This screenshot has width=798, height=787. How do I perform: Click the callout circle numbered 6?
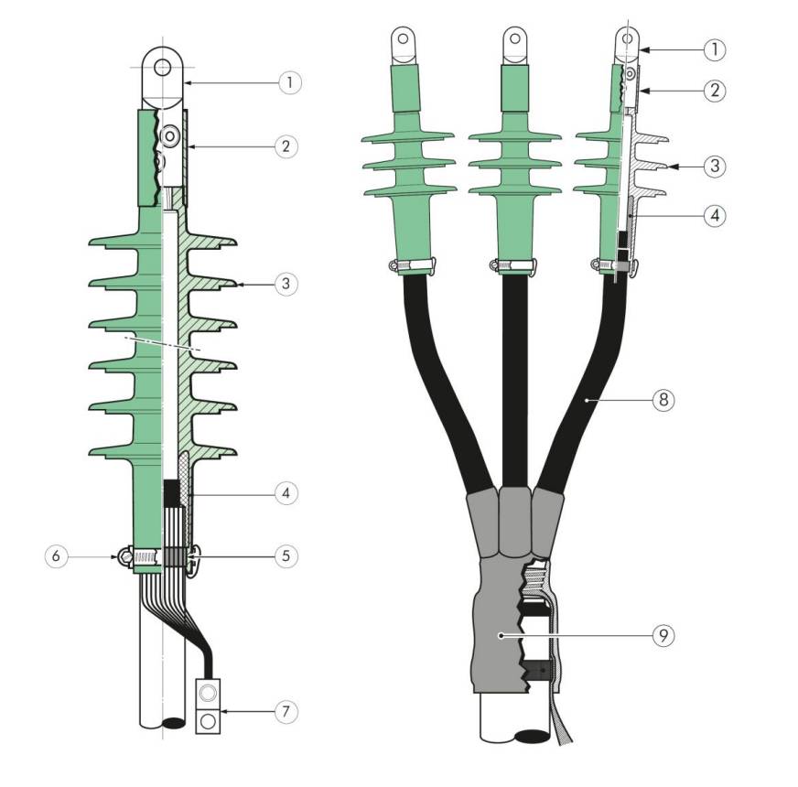click(56, 555)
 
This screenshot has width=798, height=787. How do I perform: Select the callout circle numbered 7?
click(286, 711)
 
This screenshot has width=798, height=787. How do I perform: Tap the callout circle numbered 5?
click(286, 555)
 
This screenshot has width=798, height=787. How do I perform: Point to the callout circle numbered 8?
click(663, 400)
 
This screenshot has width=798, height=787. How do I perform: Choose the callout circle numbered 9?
click(663, 635)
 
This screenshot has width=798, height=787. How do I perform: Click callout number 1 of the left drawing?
click(290, 82)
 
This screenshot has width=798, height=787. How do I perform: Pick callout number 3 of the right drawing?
click(715, 166)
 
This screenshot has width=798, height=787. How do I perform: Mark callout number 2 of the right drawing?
click(715, 91)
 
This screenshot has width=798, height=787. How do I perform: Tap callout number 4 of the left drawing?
click(286, 492)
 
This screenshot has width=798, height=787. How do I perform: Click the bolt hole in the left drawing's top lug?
click(162, 66)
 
